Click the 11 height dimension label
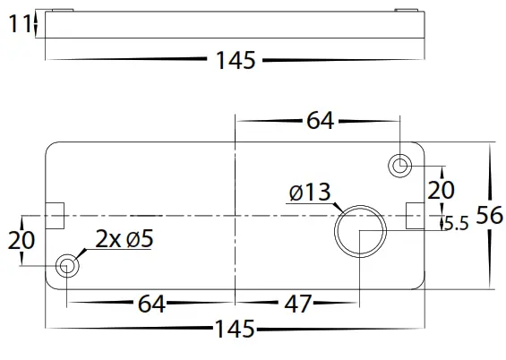(19, 24)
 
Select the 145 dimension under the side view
(236, 61)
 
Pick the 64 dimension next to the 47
(151, 304)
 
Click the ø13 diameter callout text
(310, 192)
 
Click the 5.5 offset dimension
(457, 225)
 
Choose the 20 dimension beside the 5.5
(440, 189)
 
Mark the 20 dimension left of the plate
(21, 240)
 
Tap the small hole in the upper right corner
(400, 165)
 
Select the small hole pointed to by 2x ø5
(66, 265)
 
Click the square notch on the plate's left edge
(55, 215)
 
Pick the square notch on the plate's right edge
(416, 215)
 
